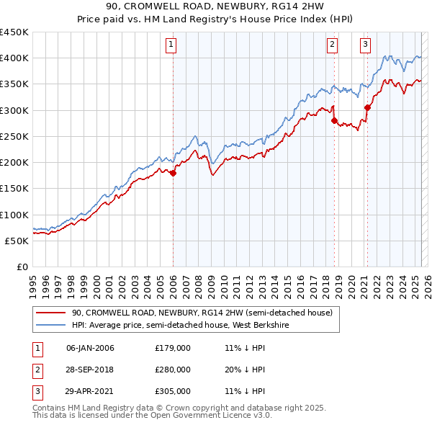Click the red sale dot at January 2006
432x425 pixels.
click(x=173, y=173)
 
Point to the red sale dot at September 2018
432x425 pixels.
click(x=335, y=121)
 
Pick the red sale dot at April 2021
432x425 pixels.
click(x=367, y=107)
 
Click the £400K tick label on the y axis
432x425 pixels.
click(x=14, y=58)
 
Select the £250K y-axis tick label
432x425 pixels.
click(x=14, y=136)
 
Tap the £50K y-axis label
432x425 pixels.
click(x=17, y=241)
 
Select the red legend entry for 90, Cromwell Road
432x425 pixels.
click(x=202, y=313)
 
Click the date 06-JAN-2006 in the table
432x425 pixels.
click(x=90, y=348)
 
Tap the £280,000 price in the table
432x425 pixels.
click(x=173, y=370)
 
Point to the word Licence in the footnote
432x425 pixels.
click(x=235, y=416)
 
